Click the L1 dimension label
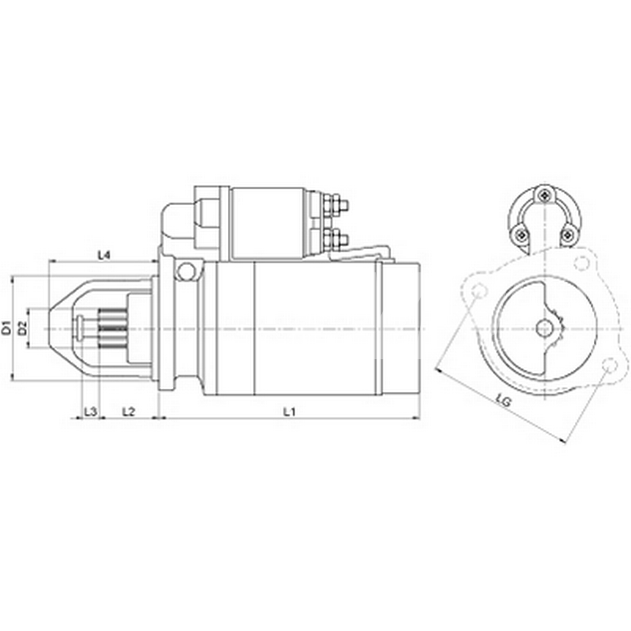point(290,411)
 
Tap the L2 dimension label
point(128,411)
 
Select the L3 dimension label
point(90,411)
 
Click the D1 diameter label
point(6,327)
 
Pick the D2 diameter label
point(22,327)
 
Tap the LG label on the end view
point(504,400)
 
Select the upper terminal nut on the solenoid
point(334,205)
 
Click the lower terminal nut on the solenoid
point(334,239)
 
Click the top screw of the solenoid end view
point(544,196)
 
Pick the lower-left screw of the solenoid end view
point(521,235)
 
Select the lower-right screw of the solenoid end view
point(567,235)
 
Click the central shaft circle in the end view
point(544,327)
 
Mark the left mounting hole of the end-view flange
point(479,292)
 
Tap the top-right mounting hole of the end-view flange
point(582,262)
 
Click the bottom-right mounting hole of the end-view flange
point(609,365)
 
